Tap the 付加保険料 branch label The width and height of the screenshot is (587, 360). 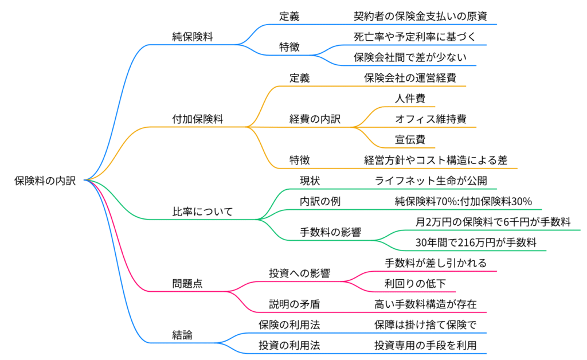point(198,119)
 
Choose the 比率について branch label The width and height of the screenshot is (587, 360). point(203,212)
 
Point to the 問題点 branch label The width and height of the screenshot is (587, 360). point(187,283)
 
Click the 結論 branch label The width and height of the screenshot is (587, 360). point(182,335)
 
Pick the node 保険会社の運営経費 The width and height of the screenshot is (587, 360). point(410,78)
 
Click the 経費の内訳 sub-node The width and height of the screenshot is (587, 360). point(315,119)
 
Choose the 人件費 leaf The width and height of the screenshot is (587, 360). point(410,99)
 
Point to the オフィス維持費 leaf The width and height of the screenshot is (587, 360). point(431,119)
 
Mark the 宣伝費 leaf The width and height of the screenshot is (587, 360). point(410,139)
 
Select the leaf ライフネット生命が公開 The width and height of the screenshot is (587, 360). point(431,181)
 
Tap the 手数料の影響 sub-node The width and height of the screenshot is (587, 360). point(330,232)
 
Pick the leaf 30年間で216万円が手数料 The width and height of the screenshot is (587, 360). point(476,242)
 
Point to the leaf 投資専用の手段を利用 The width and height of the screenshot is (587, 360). point(425,345)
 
